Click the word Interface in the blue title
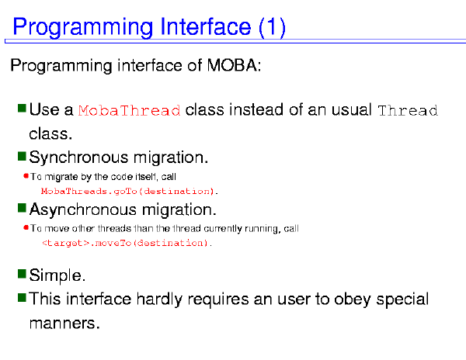205,26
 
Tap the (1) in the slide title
273,28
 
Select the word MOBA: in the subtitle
234,64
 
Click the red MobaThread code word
129,110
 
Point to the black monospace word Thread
408,110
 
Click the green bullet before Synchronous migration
22,156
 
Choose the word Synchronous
79,157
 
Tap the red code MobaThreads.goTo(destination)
129,191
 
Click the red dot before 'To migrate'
26,176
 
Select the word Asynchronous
83,209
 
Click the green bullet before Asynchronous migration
22,208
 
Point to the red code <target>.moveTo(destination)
127,243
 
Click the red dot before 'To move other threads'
26,227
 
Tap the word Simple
57,275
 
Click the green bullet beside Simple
22,274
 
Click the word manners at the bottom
64,323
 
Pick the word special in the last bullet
402,299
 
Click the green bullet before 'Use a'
22,109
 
